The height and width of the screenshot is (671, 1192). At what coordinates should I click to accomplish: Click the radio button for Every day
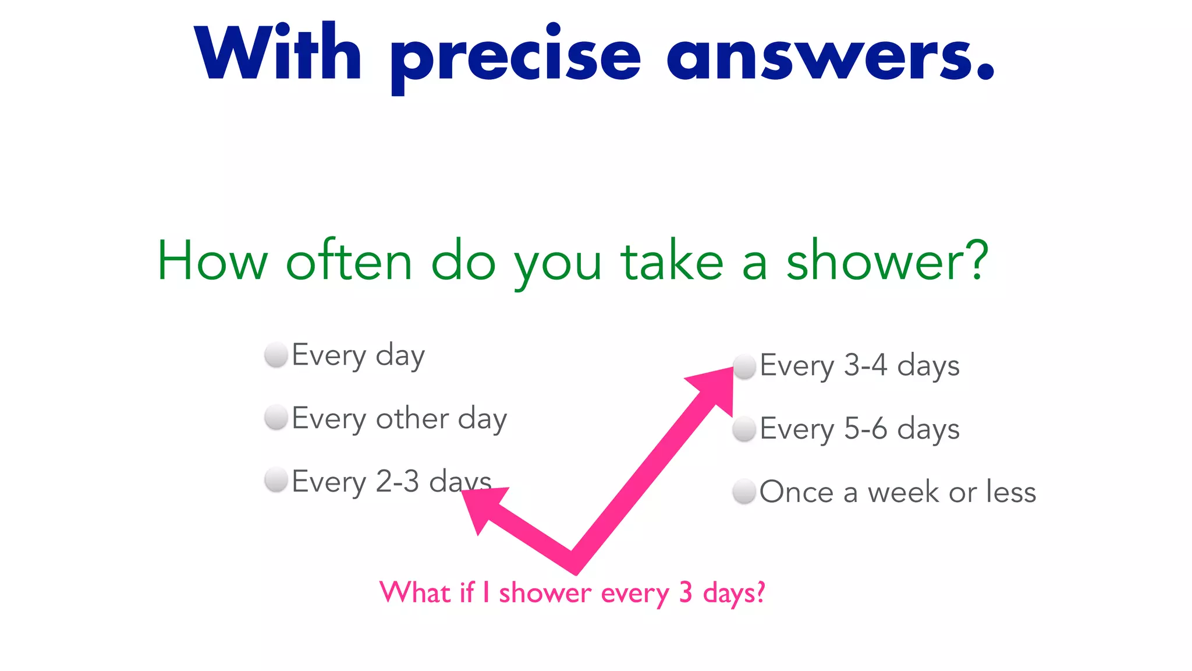click(276, 355)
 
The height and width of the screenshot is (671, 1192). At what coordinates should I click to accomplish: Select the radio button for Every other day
click(276, 418)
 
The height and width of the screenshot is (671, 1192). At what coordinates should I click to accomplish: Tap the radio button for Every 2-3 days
click(276, 481)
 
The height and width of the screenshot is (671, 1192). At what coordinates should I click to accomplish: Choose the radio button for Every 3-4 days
click(744, 366)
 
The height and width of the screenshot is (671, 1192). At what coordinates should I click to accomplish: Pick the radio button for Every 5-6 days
click(744, 429)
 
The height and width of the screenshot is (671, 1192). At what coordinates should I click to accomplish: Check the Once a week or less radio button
click(744, 492)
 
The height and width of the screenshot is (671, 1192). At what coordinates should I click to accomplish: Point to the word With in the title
click(278, 52)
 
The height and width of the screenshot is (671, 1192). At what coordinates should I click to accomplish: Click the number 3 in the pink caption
click(686, 593)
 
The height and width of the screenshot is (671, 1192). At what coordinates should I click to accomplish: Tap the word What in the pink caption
click(415, 592)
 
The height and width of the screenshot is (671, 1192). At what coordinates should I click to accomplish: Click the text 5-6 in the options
click(865, 429)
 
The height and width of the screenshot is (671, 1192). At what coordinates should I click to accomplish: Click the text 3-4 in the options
click(865, 366)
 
